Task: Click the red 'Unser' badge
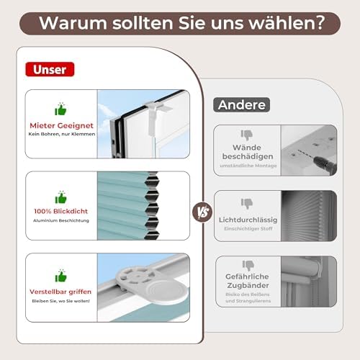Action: tap(50, 69)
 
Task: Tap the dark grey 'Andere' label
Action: tap(242, 104)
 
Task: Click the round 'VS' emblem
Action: tap(202, 212)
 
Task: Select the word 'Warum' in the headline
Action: tap(73, 23)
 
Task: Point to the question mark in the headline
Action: tap(320, 23)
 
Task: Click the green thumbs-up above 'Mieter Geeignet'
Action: tap(60, 109)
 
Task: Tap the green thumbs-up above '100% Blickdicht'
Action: tap(60, 197)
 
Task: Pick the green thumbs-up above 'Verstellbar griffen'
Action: tap(60, 276)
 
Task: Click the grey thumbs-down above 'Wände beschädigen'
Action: tap(247, 135)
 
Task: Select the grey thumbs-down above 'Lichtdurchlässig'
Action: tap(247, 204)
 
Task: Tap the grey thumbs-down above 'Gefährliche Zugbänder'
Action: tap(248, 266)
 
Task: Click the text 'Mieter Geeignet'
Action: tap(61, 125)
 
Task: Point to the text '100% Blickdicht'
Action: tap(61, 211)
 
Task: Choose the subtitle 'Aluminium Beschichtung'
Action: tap(61, 220)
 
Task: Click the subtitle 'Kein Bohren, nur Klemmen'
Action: tap(62, 134)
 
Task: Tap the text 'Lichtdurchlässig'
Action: tap(248, 220)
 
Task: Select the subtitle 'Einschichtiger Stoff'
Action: tap(248, 229)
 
